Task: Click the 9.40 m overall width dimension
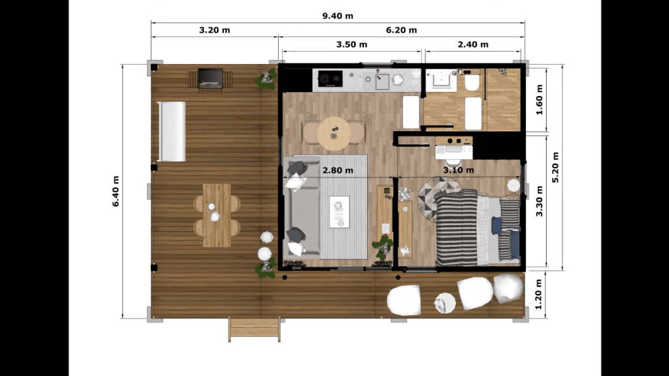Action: coord(338,16)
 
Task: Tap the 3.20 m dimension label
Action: coord(214,30)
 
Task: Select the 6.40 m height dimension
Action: coord(116,191)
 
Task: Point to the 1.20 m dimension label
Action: coord(538,294)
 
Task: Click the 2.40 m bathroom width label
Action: coord(473,45)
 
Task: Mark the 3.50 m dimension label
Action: coord(351,45)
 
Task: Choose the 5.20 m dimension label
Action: coord(555,167)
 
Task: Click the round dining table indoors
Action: coord(334,133)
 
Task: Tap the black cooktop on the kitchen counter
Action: coord(330,78)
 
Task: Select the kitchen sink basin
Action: coord(382,82)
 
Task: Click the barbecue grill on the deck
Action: coord(210,79)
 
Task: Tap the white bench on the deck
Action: coord(172,131)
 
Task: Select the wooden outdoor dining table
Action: coord(217,215)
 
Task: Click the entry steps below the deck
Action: coord(254,329)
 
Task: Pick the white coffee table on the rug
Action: coord(340,212)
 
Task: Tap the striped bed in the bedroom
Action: coord(477,227)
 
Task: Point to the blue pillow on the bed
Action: coord(497,226)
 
